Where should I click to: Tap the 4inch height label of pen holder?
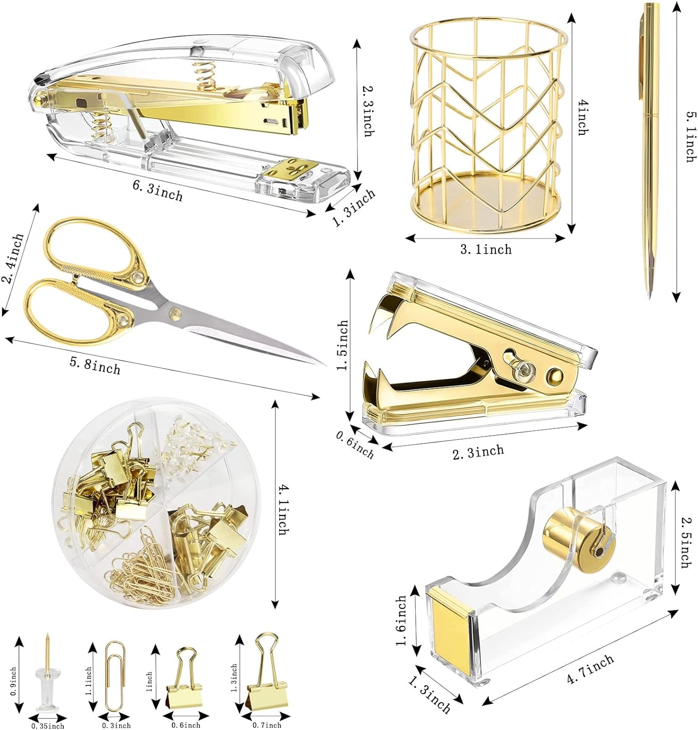[582, 118]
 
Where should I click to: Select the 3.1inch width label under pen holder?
[486, 250]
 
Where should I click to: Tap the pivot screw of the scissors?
[174, 312]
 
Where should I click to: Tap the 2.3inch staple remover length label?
[478, 452]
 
